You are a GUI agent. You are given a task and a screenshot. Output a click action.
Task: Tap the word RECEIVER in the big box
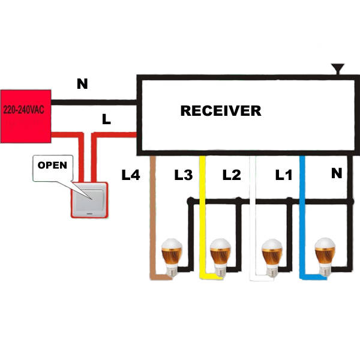(221, 111)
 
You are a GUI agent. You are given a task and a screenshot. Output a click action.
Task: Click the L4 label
(130, 175)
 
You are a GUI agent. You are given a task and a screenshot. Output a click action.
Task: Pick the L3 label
(183, 175)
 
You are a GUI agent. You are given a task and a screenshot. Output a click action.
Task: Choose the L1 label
(283, 175)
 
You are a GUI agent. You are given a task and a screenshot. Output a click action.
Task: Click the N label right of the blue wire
(337, 174)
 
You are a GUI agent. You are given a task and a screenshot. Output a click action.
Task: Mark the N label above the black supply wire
(82, 84)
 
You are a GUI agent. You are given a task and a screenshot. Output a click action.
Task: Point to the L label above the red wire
(106, 119)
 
